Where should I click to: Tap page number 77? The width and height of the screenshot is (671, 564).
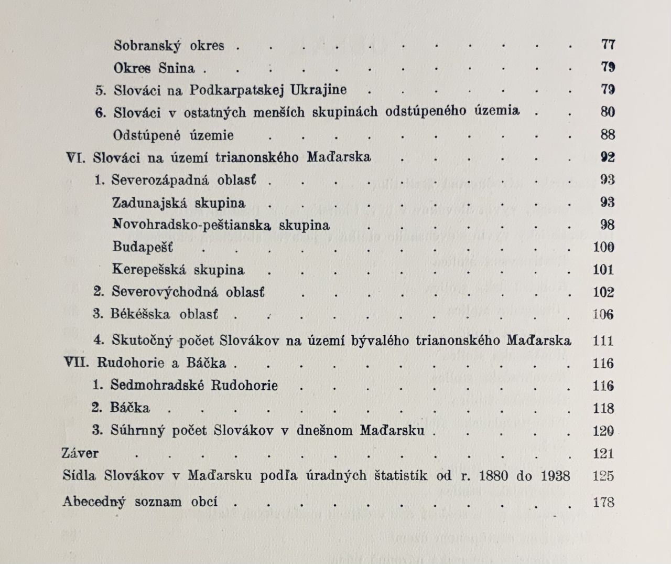click(x=608, y=45)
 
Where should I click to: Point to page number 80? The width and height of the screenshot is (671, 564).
click(x=608, y=112)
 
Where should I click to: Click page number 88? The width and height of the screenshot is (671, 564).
click(x=608, y=135)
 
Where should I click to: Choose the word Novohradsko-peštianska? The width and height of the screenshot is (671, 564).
click(x=192, y=225)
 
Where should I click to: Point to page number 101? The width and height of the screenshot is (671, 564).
click(x=603, y=270)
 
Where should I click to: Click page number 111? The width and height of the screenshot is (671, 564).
click(x=603, y=340)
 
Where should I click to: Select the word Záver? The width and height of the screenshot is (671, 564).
click(x=80, y=453)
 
